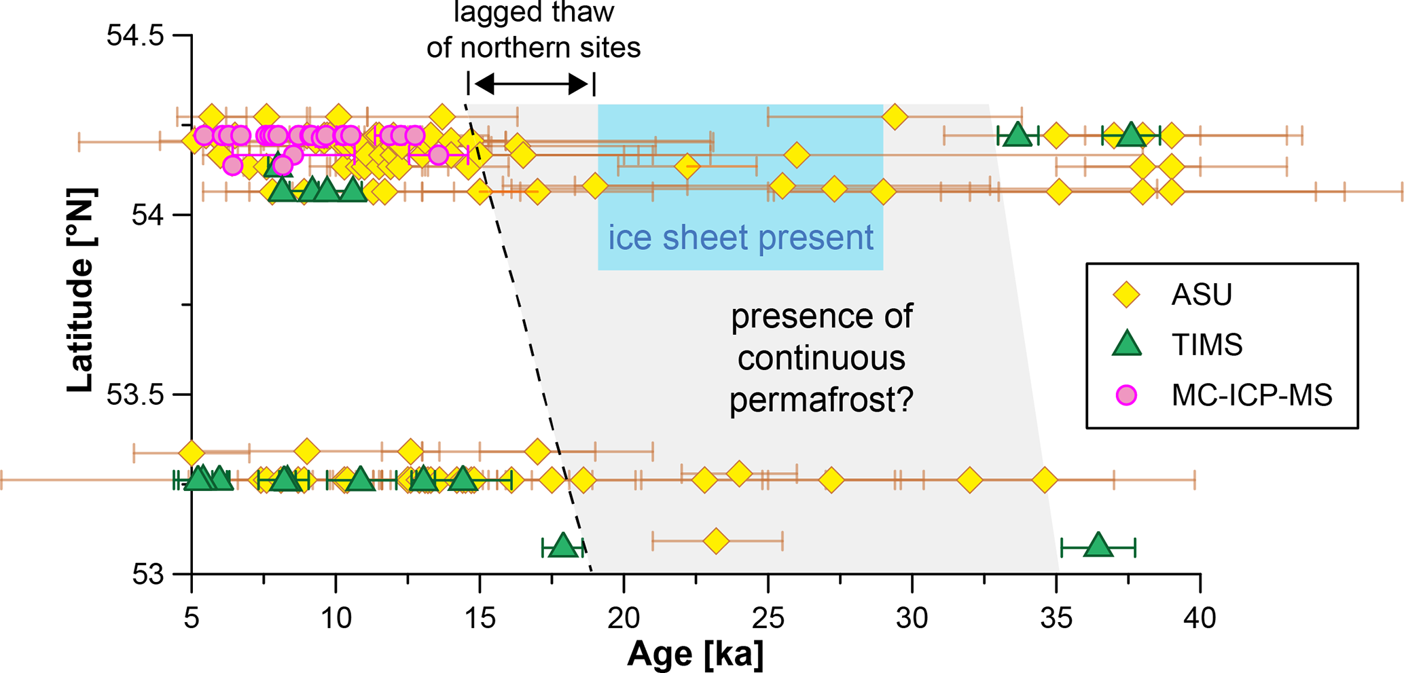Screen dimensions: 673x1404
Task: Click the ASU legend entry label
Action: coord(1201,295)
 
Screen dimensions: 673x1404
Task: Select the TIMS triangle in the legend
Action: coord(1126,344)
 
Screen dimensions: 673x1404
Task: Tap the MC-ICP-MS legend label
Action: coord(1252,395)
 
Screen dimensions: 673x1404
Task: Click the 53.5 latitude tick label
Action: coord(135,395)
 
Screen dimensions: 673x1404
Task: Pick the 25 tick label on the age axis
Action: coord(768,619)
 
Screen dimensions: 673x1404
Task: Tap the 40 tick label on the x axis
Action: coord(1200,619)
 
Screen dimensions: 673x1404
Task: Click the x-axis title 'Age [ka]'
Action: coord(695,654)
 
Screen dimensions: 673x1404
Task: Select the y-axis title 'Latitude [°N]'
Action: coord(81,290)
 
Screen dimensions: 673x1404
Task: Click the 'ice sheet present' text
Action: coord(740,238)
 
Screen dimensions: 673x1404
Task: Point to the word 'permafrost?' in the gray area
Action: coord(821,399)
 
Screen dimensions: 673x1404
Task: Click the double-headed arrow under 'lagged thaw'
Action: coord(531,84)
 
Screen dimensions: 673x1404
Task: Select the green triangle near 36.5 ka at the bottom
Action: coord(1098,545)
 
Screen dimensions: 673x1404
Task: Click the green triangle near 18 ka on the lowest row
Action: coord(562,545)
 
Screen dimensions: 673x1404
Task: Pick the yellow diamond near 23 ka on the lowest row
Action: coord(715,541)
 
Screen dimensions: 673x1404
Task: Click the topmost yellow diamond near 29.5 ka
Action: coord(895,117)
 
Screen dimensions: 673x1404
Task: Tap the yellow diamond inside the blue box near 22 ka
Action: coord(687,166)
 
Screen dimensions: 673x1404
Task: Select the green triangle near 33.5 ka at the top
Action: coord(1017,134)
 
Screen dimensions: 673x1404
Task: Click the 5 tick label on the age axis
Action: coord(192,619)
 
